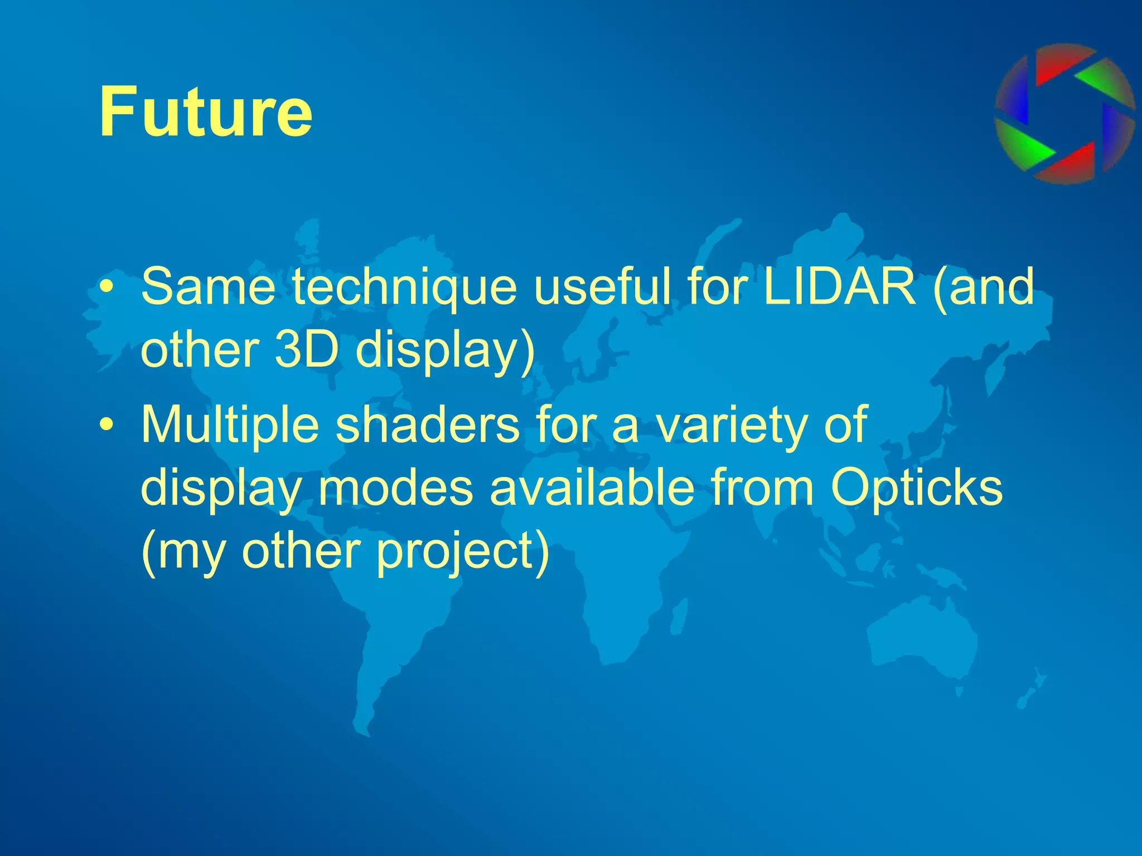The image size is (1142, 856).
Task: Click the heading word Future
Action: click(x=205, y=111)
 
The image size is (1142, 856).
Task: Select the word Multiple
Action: click(x=230, y=425)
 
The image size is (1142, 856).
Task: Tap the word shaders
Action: click(x=427, y=425)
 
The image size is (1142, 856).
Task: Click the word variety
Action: click(x=732, y=425)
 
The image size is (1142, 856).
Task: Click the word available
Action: click(x=592, y=488)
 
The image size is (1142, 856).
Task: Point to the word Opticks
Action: click(x=916, y=488)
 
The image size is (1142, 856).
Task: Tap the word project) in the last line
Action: click(x=462, y=552)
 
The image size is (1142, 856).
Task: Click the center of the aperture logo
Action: click(x=1064, y=114)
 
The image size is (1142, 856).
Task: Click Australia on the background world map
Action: click(x=920, y=635)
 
